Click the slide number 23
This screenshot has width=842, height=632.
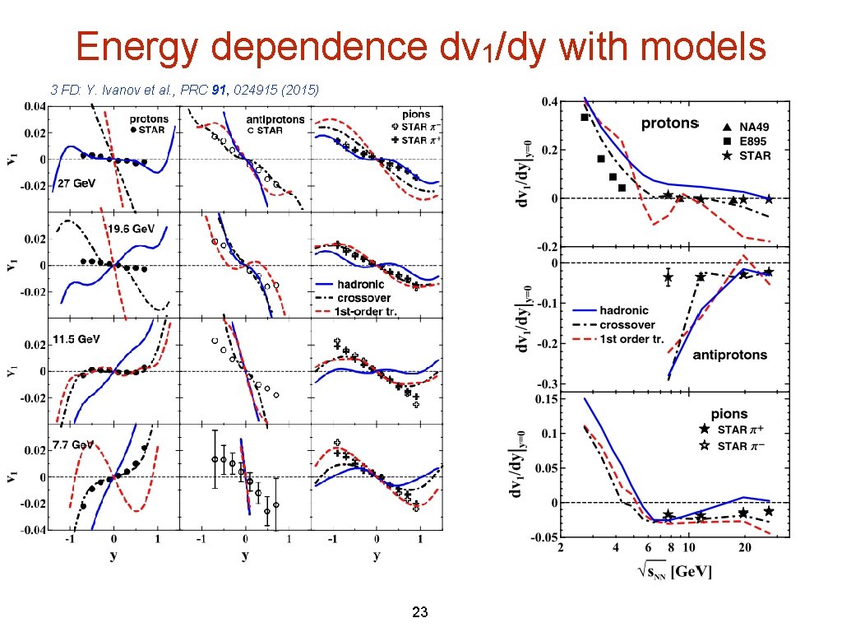point(420,612)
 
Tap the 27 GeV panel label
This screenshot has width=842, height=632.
point(72,184)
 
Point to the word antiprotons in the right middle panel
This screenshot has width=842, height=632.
point(730,355)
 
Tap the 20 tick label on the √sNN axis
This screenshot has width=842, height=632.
point(743,548)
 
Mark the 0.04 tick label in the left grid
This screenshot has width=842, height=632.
point(35,107)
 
